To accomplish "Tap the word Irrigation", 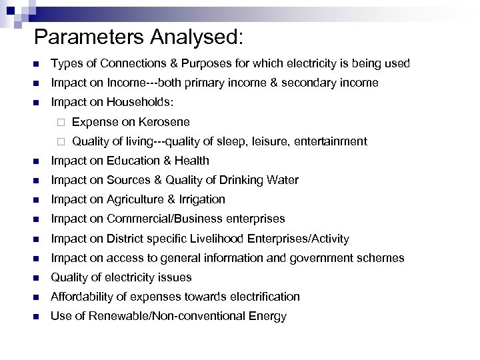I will [199, 199].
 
